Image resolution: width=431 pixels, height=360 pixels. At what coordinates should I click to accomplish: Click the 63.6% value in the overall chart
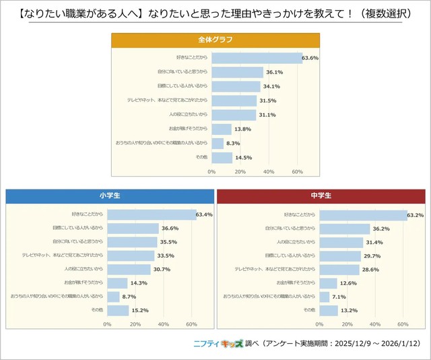click(x=310, y=58)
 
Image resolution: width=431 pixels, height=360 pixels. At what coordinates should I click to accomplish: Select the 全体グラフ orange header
click(x=215, y=39)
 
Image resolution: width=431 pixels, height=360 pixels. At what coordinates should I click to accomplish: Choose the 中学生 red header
click(x=321, y=196)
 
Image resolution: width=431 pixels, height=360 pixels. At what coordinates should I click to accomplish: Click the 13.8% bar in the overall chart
click(x=222, y=129)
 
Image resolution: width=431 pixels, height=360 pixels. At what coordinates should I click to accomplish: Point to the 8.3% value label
click(x=233, y=143)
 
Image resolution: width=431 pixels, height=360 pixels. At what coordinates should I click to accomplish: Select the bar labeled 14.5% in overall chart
click(x=222, y=157)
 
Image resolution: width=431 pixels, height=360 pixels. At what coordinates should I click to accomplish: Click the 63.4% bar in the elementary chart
click(x=152, y=214)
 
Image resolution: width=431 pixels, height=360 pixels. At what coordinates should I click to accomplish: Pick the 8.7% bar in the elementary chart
click(x=113, y=297)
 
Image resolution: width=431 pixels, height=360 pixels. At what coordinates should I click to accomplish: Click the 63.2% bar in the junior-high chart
click(x=362, y=215)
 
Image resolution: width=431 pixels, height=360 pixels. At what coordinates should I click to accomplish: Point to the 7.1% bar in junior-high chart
click(x=324, y=297)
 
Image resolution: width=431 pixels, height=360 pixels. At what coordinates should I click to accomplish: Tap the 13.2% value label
click(x=348, y=311)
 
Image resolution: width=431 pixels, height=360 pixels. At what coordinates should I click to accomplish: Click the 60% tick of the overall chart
click(x=297, y=172)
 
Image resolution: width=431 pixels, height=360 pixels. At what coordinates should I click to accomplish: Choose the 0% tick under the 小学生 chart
click(x=107, y=324)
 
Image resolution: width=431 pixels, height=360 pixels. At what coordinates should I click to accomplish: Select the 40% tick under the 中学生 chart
click(x=374, y=324)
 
